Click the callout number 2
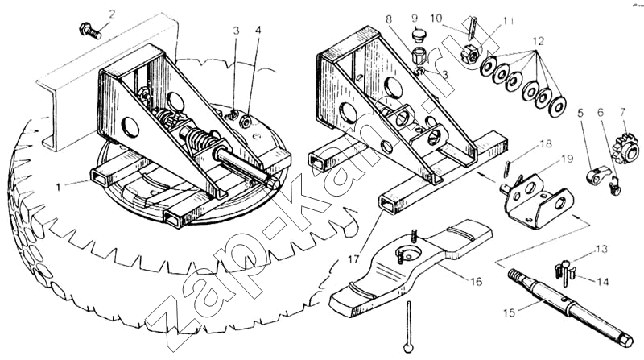tap(112, 14)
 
